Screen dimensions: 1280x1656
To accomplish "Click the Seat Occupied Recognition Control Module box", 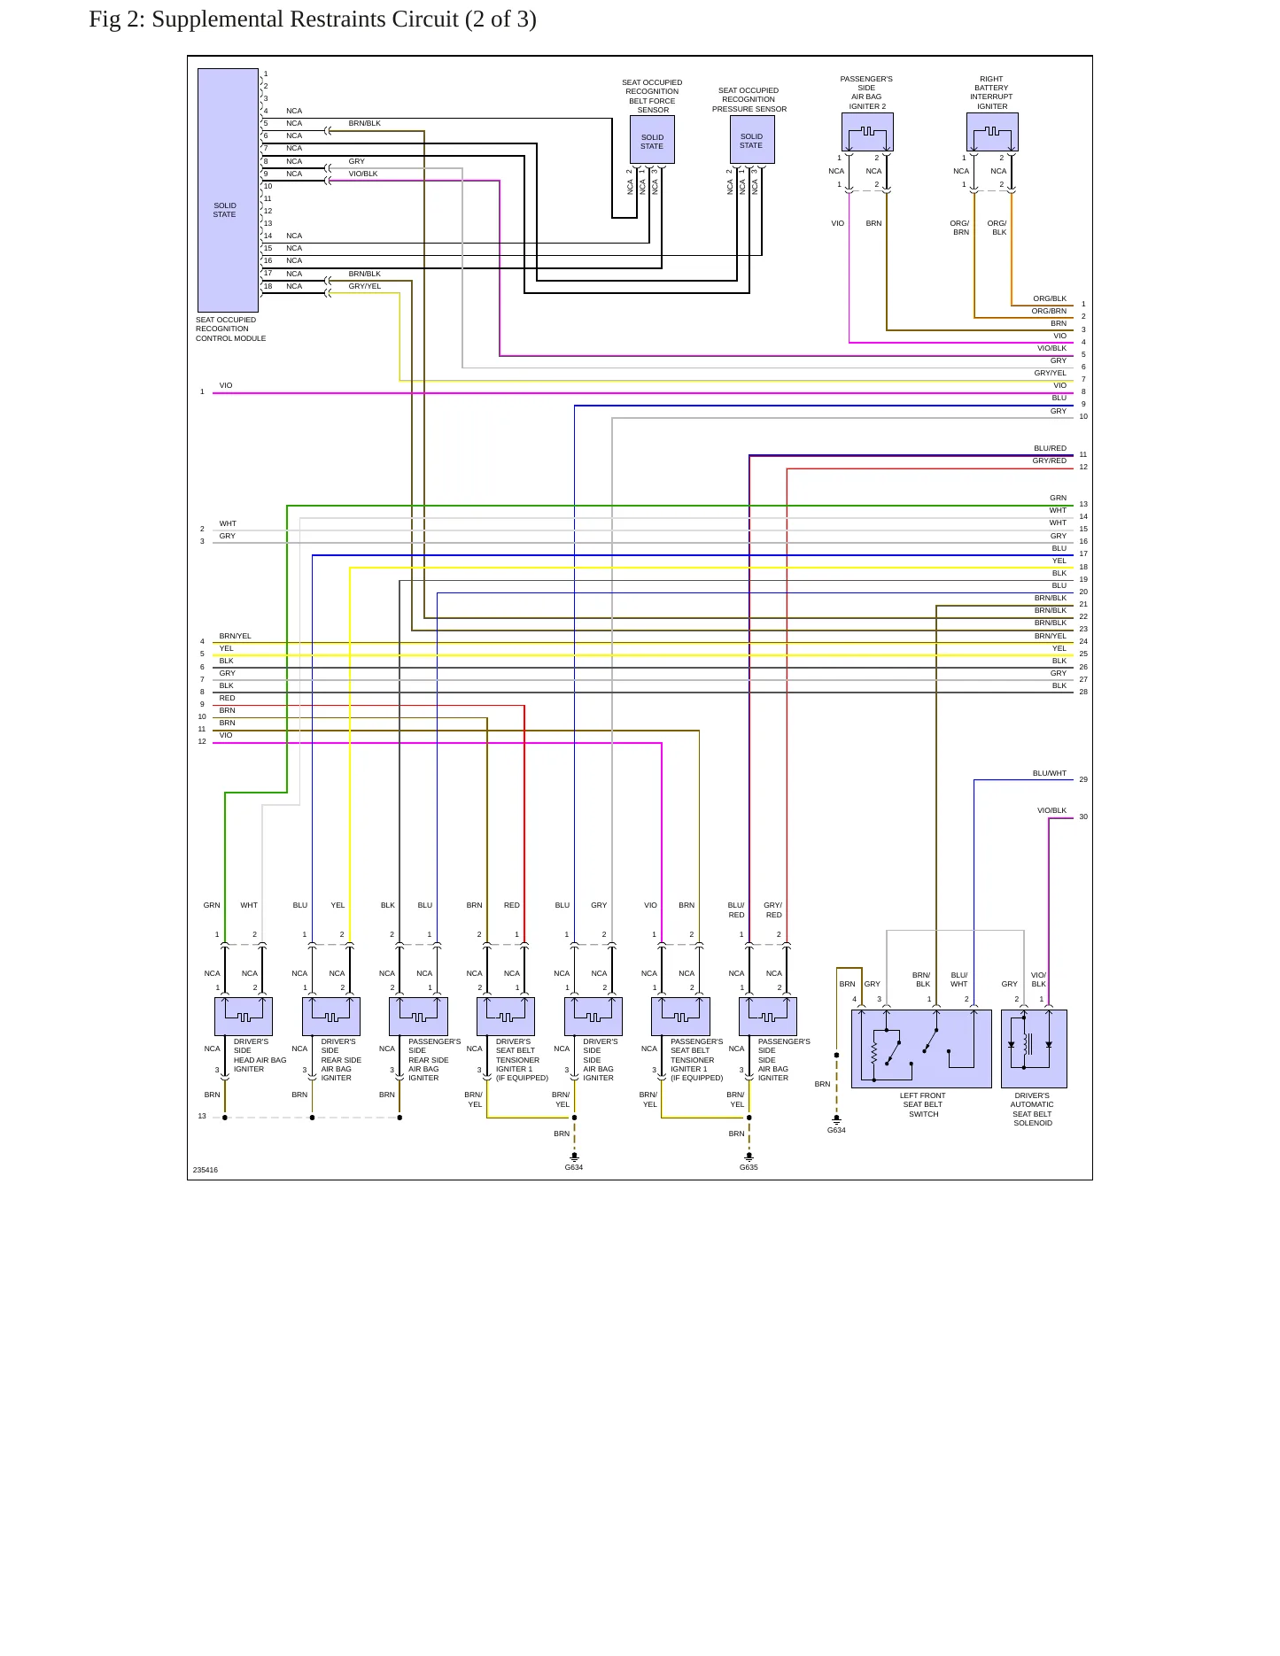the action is pyautogui.click(x=228, y=190).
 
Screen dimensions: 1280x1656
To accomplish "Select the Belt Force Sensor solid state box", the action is pyautogui.click(x=652, y=140).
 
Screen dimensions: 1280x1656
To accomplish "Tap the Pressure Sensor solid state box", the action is pyautogui.click(x=752, y=140).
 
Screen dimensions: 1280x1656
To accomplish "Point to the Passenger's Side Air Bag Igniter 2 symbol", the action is pyautogui.click(x=867, y=132).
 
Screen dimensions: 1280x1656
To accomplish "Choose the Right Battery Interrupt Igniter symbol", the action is pyautogui.click(x=992, y=132).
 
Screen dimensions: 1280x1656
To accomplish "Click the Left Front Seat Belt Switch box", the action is pyautogui.click(x=921, y=1049).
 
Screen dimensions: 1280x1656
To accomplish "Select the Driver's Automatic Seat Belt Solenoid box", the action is pyautogui.click(x=1034, y=1049).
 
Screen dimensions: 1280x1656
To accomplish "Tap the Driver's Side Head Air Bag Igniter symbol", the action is pyautogui.click(x=244, y=1017).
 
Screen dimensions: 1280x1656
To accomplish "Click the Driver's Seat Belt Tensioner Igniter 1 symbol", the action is pyautogui.click(x=506, y=1017).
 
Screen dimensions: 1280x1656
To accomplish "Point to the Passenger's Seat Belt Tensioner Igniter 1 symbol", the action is pyautogui.click(x=680, y=1017).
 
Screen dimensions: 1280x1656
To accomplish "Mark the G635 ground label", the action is pyautogui.click(x=749, y=1167).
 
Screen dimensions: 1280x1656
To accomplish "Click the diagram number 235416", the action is pyautogui.click(x=206, y=1170).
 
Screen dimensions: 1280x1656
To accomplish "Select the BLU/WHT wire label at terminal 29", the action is pyautogui.click(x=1050, y=773).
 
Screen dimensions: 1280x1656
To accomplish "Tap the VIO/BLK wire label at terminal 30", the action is pyautogui.click(x=1052, y=810).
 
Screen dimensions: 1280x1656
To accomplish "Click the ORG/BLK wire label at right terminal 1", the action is pyautogui.click(x=1050, y=298).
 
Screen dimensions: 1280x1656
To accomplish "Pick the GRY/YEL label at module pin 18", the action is pyautogui.click(x=365, y=286).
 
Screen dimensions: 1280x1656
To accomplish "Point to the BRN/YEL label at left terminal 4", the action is pyautogui.click(x=236, y=636).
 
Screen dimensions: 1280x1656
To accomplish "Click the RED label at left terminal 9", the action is pyautogui.click(x=228, y=698).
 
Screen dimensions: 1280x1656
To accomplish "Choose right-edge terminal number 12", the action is pyautogui.click(x=1083, y=467).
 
